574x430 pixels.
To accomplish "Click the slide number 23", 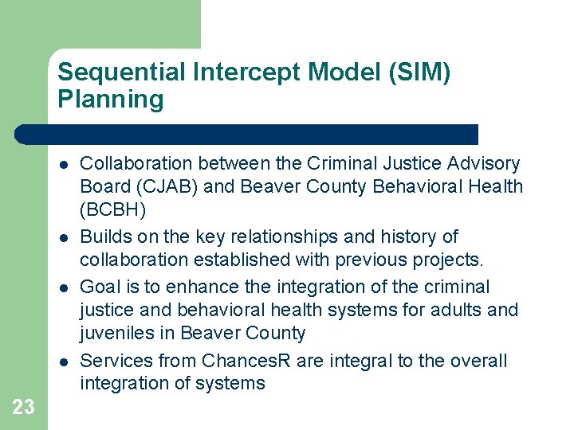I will (x=24, y=407).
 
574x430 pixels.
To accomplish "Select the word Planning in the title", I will (x=110, y=100).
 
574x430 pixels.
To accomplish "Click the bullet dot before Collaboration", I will (x=63, y=165).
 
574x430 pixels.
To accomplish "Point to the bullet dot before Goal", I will (x=63, y=287).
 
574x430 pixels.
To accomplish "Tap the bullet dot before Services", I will (x=63, y=362).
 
